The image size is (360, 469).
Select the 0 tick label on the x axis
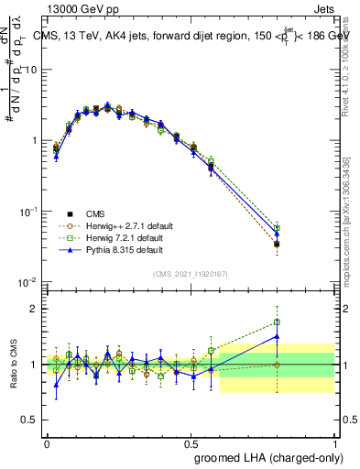pyautogui.click(x=47, y=443)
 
